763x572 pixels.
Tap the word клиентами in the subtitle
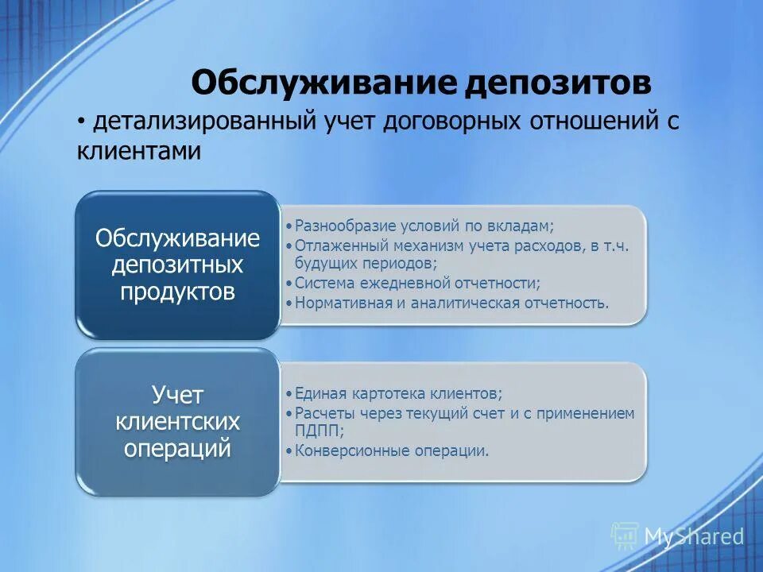[139, 151]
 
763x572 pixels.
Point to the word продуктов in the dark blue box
[178, 291]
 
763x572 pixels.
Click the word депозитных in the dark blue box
[178, 265]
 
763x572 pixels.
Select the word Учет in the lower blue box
[178, 394]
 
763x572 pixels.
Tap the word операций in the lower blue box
[178, 447]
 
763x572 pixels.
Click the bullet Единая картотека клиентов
[398, 393]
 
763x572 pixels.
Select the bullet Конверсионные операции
[392, 450]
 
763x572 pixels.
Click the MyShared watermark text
[694, 537]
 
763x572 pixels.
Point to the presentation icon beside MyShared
[625, 536]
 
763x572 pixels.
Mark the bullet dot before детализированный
[82, 123]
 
